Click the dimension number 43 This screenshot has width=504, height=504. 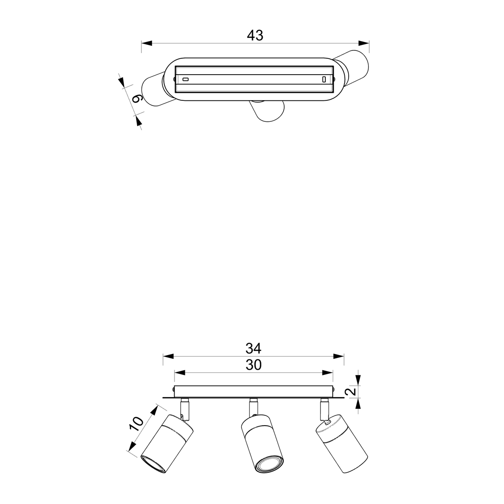pyautogui.click(x=255, y=35)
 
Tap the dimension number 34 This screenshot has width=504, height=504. pyautogui.click(x=253, y=349)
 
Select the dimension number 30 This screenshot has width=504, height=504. pyautogui.click(x=253, y=365)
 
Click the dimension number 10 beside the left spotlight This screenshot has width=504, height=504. pyautogui.click(x=136, y=424)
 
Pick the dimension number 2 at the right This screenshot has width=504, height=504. pyautogui.click(x=352, y=391)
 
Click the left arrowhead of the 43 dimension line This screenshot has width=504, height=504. pyautogui.click(x=147, y=43)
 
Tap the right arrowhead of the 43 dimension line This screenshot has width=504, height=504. pyautogui.click(x=364, y=43)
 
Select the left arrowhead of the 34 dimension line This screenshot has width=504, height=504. pyautogui.click(x=168, y=356)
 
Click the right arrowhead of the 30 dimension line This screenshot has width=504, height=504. pyautogui.click(x=328, y=373)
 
